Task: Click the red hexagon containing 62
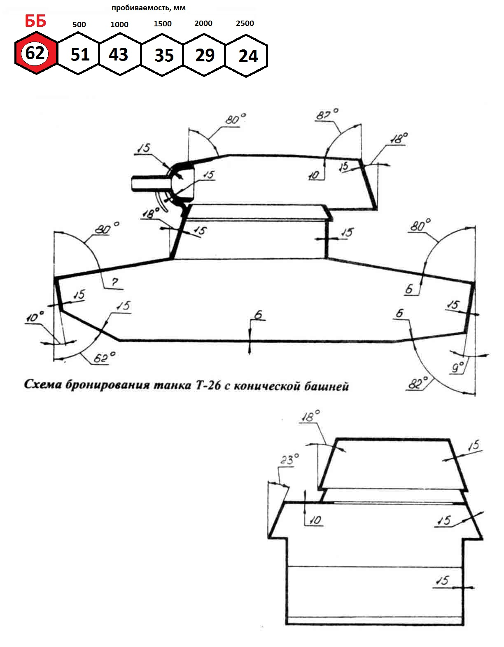[x=36, y=53]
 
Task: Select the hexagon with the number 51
[x=78, y=54]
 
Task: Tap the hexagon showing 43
[x=120, y=54]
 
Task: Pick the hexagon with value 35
[x=162, y=55]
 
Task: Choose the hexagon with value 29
[x=204, y=55]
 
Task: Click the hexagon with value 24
[x=246, y=56]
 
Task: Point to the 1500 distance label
[x=163, y=24]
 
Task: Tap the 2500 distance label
[x=245, y=23]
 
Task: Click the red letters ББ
[x=36, y=21]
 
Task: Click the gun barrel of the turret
[x=150, y=183]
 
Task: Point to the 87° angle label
[x=327, y=114]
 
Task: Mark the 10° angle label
[x=35, y=317]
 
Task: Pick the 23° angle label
[x=289, y=459]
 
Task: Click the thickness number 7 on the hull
[x=115, y=282]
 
